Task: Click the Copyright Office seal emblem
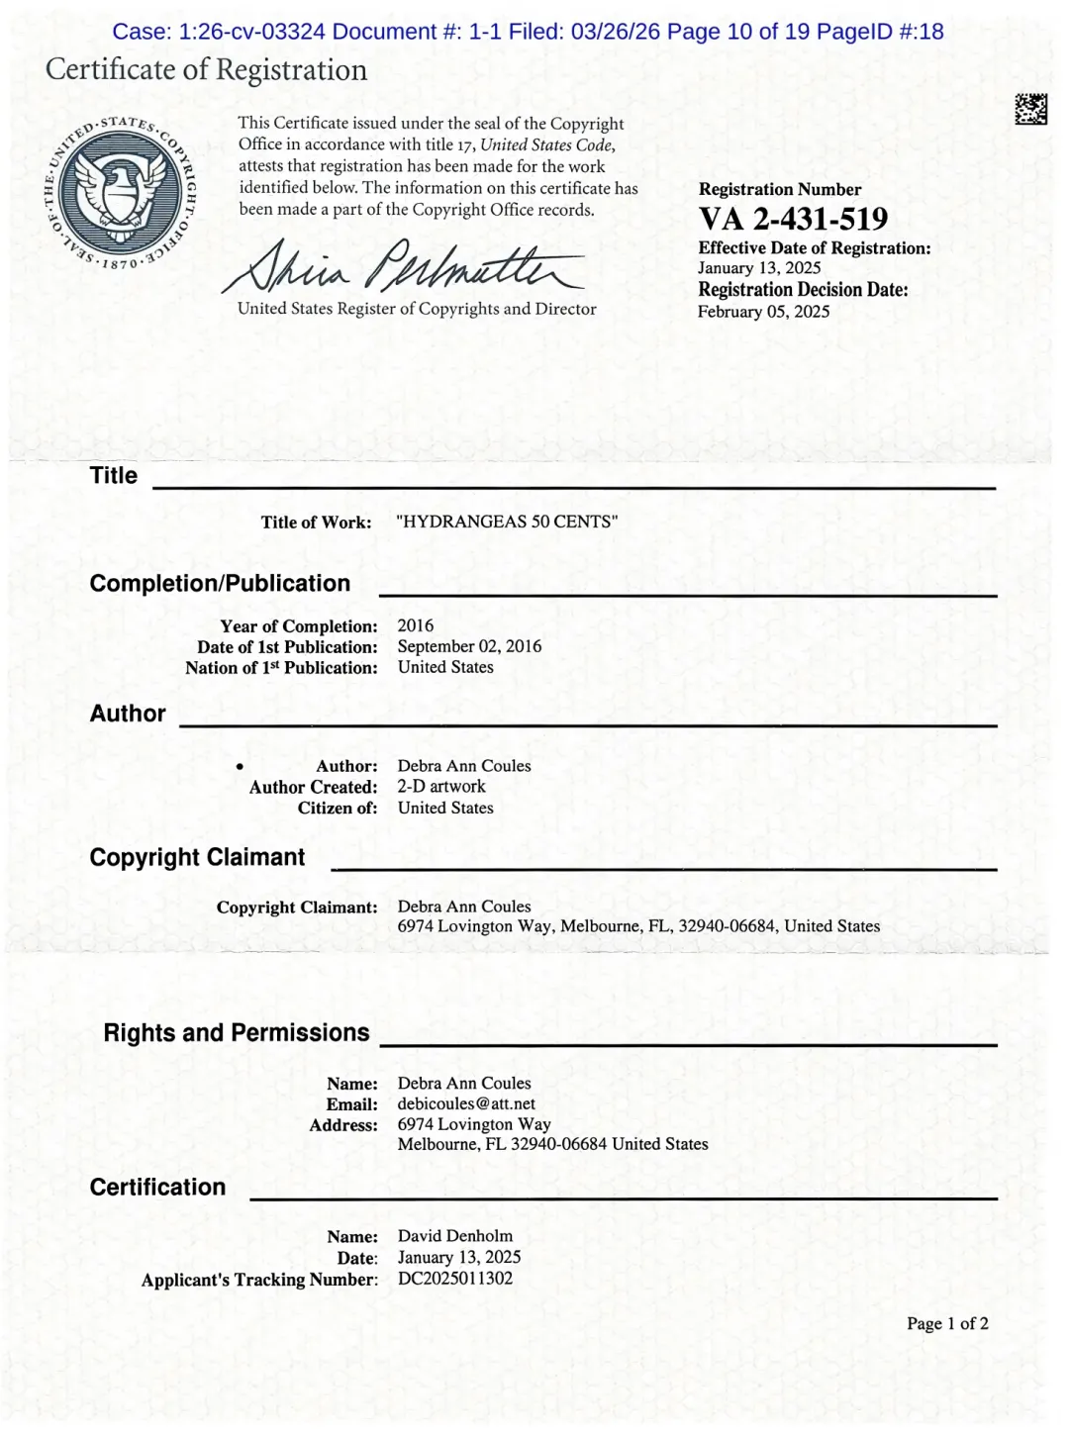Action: (x=123, y=192)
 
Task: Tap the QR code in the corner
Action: (x=1030, y=109)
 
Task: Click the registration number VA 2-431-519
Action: (x=793, y=219)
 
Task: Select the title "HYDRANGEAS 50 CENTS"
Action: (x=507, y=522)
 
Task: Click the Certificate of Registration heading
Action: (x=206, y=70)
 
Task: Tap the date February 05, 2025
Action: (x=763, y=312)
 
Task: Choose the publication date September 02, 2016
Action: (x=469, y=646)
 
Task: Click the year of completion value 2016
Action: (x=416, y=625)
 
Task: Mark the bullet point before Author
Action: (x=240, y=767)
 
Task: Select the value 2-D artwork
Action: (x=441, y=787)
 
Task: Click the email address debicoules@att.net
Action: (x=466, y=1103)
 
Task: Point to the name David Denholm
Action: (x=455, y=1236)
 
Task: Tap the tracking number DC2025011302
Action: (x=455, y=1278)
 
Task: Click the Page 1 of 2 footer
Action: (x=947, y=1323)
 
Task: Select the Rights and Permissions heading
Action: (x=237, y=1033)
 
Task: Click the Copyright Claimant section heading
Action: (x=197, y=857)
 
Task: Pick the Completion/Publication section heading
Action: (x=220, y=584)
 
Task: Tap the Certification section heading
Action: (x=157, y=1188)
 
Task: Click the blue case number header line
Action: (x=528, y=32)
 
